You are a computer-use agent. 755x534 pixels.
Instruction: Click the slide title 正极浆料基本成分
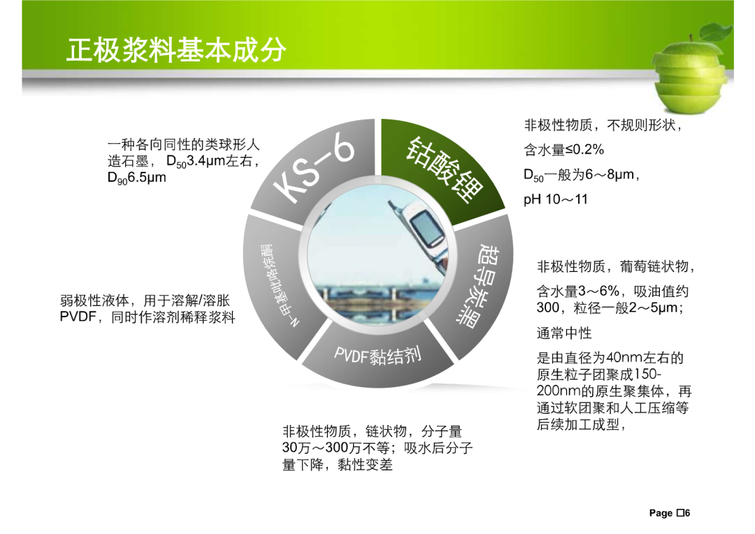point(176,50)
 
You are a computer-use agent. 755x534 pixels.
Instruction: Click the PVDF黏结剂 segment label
point(378,355)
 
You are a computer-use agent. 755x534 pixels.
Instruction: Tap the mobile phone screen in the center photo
point(426,227)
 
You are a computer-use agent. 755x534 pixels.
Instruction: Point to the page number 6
point(687,513)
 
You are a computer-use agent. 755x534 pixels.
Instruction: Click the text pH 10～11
point(556,199)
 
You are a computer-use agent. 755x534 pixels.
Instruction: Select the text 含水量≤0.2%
point(564,150)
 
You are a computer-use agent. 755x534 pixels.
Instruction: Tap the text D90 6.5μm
point(137,178)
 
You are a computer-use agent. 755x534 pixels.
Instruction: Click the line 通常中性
point(564,333)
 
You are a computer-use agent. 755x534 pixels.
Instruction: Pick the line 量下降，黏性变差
point(337,465)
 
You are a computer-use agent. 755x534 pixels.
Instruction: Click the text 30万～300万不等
point(336,448)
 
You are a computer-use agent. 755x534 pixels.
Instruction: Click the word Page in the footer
point(661,513)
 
